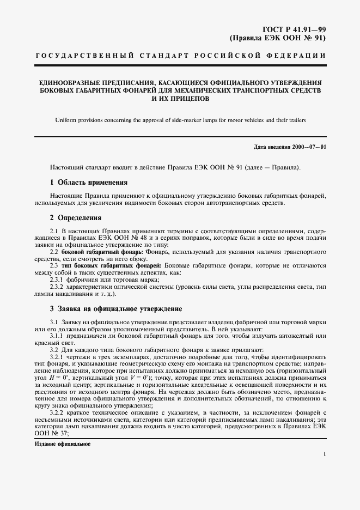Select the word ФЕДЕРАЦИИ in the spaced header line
point(297,57)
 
